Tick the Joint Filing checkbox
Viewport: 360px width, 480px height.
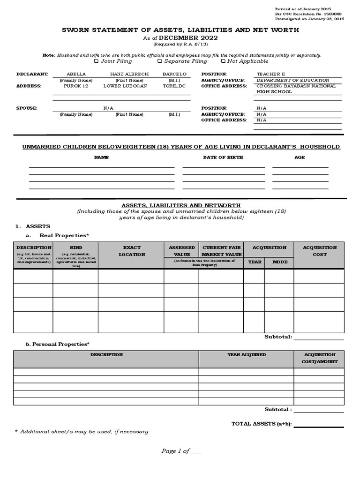[x=96, y=61]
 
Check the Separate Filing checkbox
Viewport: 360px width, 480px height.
[x=160, y=61]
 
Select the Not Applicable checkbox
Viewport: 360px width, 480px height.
[x=223, y=61]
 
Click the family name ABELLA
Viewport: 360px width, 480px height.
[x=76, y=74]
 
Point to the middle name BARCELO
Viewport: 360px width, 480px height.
[x=174, y=74]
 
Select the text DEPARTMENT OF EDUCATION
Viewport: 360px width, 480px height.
[x=293, y=80]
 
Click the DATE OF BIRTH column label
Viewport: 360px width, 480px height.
[x=223, y=157]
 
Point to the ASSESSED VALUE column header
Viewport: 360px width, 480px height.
[x=181, y=251]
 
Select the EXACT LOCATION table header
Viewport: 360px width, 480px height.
[x=131, y=251]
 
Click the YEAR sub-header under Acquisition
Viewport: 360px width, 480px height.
[x=254, y=262]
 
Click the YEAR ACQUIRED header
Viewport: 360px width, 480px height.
[x=247, y=355]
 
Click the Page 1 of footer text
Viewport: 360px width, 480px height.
[x=175, y=451]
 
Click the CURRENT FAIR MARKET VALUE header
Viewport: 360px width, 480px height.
[x=221, y=251]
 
